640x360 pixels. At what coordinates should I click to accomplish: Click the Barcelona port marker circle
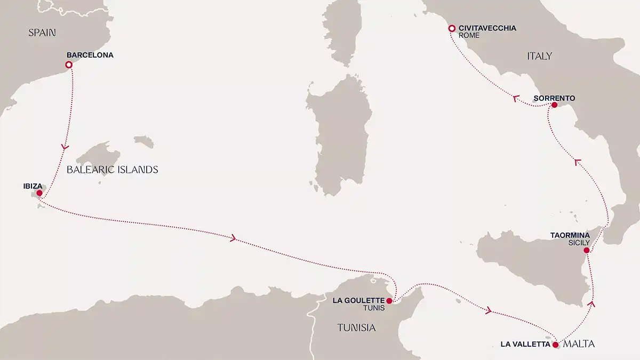click(68, 65)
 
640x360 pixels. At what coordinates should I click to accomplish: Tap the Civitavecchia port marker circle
click(451, 28)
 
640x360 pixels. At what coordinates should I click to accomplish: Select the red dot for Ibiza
click(39, 193)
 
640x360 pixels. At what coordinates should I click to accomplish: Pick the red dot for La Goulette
click(389, 301)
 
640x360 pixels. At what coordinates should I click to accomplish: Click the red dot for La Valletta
click(556, 345)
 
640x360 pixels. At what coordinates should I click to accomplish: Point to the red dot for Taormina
click(586, 250)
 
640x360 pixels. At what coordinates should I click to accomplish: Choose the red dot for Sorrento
click(554, 106)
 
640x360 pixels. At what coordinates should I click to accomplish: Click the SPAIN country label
click(42, 33)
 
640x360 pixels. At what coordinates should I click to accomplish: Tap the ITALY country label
click(539, 56)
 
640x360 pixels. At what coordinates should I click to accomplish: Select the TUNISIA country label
click(356, 328)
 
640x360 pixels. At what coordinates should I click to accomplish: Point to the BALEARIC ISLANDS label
click(113, 170)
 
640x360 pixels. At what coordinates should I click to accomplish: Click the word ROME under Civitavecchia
click(469, 36)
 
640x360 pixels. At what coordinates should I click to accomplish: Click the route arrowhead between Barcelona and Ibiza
click(65, 147)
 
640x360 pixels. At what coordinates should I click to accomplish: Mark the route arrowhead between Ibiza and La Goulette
click(233, 238)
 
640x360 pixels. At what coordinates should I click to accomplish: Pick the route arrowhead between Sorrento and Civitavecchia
click(515, 99)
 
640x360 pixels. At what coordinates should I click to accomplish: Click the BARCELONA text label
click(90, 55)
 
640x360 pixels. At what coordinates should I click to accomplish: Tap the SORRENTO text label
click(554, 98)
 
